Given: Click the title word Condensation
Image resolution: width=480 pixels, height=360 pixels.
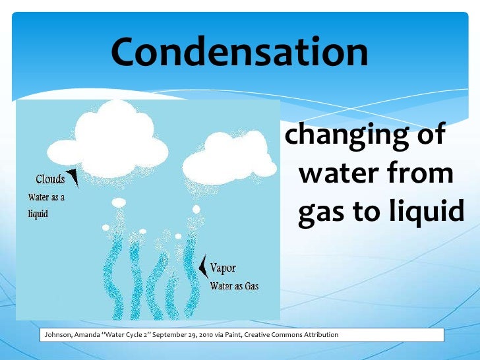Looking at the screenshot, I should [x=239, y=52].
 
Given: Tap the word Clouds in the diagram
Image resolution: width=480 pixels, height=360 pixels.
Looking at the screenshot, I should [x=50, y=179].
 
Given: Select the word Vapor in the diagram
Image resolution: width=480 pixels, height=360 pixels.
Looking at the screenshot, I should [x=223, y=269].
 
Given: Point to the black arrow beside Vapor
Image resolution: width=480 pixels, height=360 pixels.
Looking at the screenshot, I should [x=202, y=266].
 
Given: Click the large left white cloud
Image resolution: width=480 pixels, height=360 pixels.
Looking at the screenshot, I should [x=119, y=135].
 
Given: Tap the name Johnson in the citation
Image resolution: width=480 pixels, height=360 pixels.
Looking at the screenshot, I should [x=57, y=335].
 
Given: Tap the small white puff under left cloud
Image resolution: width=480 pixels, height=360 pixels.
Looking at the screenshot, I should [x=119, y=202].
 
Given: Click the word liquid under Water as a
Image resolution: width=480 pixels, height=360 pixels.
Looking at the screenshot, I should [x=38, y=214].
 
